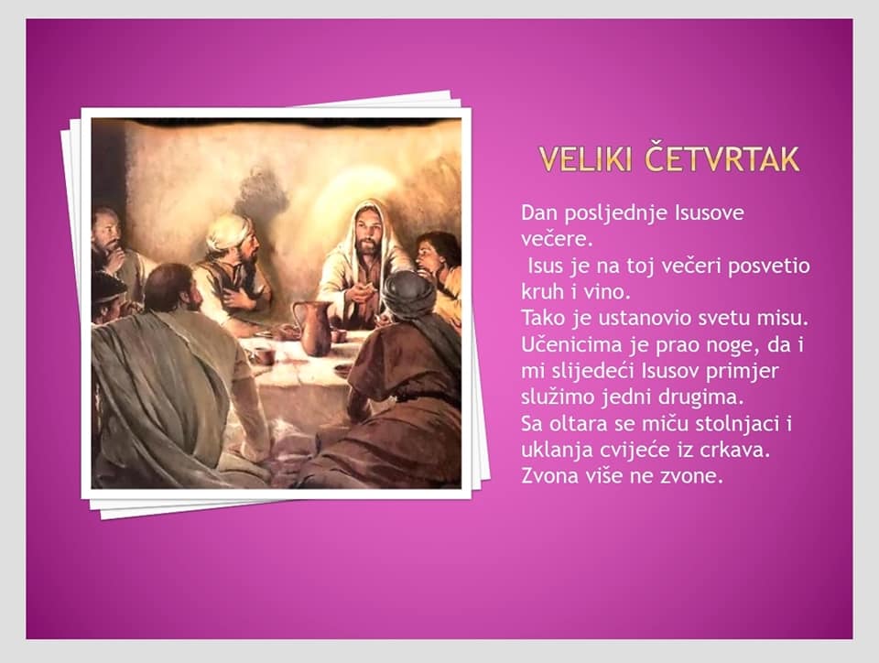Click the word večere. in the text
click(x=557, y=239)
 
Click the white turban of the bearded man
click(x=229, y=231)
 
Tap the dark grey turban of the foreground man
click(x=408, y=294)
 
